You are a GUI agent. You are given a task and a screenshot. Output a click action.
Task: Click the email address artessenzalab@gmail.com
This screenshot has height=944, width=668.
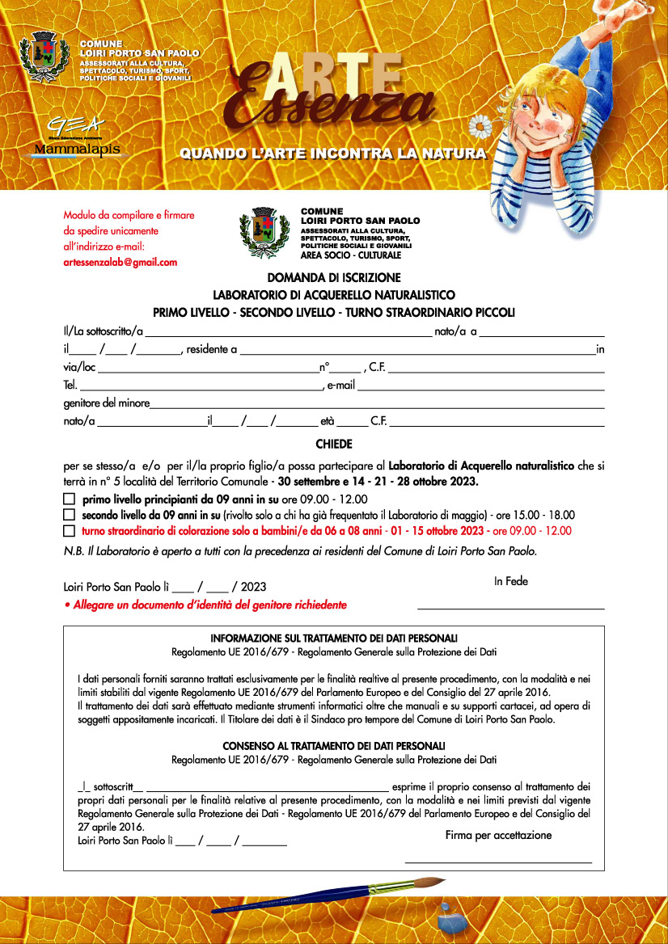coord(120,262)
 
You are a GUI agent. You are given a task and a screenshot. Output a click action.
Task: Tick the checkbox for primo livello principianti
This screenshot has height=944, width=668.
coord(69,499)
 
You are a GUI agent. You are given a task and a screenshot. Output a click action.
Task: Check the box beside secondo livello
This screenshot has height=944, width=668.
coord(69,515)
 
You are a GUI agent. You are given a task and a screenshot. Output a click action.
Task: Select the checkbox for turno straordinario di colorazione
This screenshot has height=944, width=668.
coord(69,531)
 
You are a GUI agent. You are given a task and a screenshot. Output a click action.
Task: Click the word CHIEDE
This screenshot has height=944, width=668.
coord(333,444)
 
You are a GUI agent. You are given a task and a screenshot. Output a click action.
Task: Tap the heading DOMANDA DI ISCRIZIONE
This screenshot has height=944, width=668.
coord(333,278)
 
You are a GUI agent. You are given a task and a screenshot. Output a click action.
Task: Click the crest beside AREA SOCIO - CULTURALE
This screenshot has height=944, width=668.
coord(264,232)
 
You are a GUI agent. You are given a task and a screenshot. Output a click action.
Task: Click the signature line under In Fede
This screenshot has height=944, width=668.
coord(510,607)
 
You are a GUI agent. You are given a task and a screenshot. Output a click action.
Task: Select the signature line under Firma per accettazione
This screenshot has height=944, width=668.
coord(498,863)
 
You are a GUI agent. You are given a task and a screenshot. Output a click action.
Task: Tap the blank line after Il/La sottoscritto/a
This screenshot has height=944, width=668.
coord(288,332)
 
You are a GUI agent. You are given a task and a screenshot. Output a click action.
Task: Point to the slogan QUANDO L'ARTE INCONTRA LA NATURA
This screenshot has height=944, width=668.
coord(332,153)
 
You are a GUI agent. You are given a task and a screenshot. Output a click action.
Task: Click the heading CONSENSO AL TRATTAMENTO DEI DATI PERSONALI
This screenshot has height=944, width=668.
coord(333,745)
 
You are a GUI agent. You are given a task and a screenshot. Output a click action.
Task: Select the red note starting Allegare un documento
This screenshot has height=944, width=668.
coord(205,605)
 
